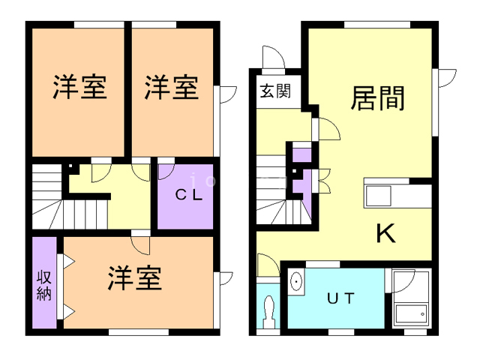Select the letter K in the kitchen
point(385,235)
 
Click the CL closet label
point(187,194)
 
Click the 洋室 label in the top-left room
point(79,87)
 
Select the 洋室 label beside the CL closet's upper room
point(172,87)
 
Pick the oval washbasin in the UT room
point(297,283)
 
